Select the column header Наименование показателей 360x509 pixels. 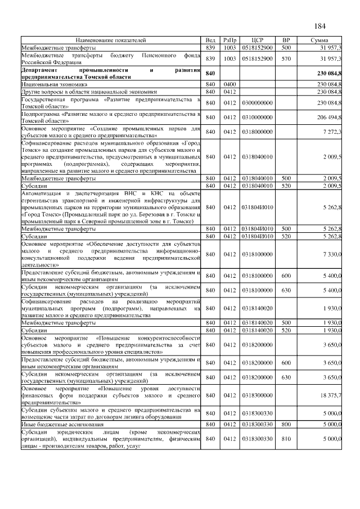click(x=111, y=40)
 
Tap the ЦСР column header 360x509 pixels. click(x=257, y=40)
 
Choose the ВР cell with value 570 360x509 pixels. click(x=286, y=58)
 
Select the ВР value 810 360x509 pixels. click(x=286, y=438)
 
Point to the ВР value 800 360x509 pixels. click(x=286, y=424)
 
